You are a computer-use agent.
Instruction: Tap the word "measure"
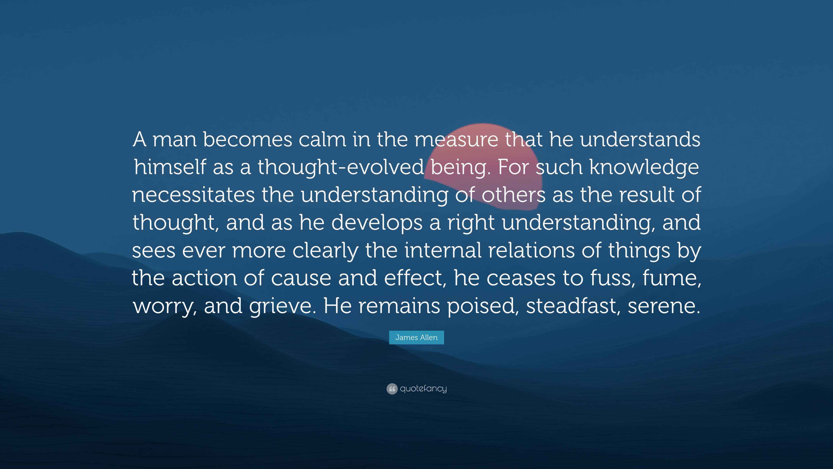click(x=456, y=140)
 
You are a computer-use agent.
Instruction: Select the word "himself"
click(x=170, y=167)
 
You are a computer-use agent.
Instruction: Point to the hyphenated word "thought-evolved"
click(x=341, y=167)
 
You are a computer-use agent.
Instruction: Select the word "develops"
click(x=377, y=223)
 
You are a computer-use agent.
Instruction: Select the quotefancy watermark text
click(x=423, y=389)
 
